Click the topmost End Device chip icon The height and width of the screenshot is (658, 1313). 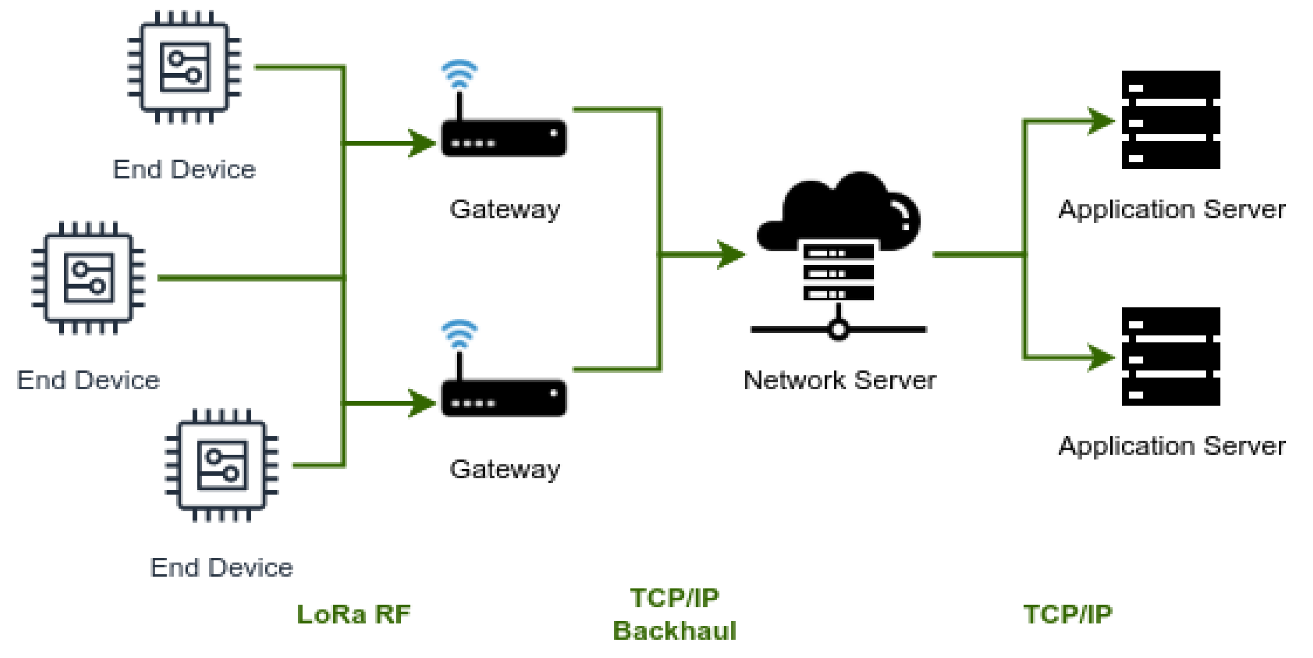click(184, 67)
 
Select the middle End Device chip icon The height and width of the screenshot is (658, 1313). click(88, 277)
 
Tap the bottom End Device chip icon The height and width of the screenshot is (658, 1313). click(222, 465)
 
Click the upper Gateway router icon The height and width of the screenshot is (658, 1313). click(504, 137)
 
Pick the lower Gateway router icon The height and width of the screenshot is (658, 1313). click(504, 397)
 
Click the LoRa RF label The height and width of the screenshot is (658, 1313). click(353, 614)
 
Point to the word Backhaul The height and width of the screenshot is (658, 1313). click(674, 630)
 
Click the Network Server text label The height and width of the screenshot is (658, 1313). click(839, 380)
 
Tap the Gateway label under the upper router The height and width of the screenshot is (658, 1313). click(505, 209)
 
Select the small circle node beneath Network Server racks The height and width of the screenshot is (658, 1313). click(838, 330)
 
